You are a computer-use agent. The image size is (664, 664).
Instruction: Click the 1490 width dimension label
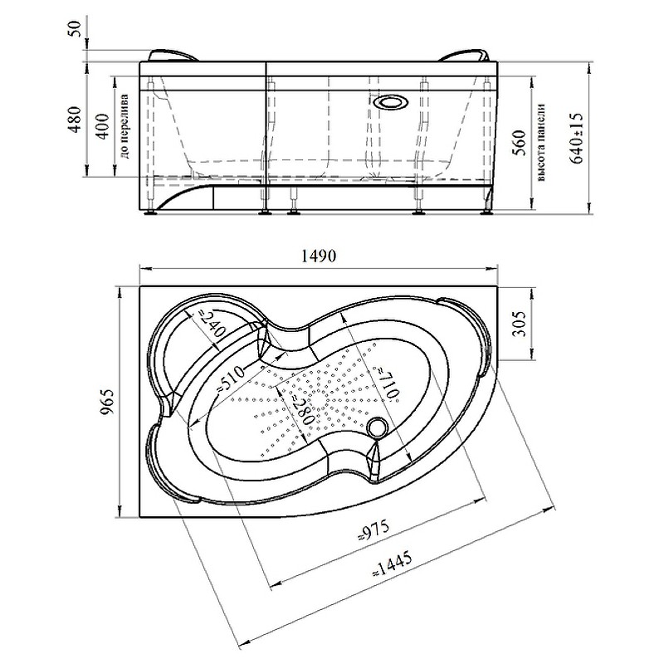point(319,256)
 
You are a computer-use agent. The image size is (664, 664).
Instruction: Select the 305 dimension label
point(521,324)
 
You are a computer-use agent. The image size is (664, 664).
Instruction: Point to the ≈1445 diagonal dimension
point(392,566)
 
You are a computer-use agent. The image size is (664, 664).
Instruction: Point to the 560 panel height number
point(521,143)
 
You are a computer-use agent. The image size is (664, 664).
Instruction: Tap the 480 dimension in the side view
point(76,120)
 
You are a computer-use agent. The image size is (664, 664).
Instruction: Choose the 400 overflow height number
point(102,126)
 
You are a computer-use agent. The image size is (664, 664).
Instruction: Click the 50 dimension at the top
point(75,28)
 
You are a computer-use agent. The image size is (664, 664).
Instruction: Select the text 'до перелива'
point(125,126)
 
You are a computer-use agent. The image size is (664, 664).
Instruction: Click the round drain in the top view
point(378,426)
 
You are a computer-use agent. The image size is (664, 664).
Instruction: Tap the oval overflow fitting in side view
point(391,102)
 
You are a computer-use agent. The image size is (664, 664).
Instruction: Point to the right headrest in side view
point(466,56)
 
